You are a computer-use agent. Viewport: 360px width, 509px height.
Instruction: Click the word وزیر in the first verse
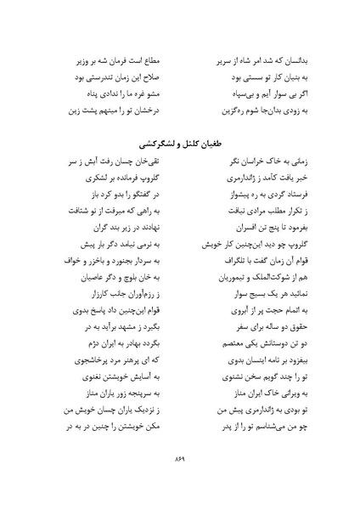point(70,60)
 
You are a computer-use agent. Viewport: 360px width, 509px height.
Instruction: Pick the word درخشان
point(149,110)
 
